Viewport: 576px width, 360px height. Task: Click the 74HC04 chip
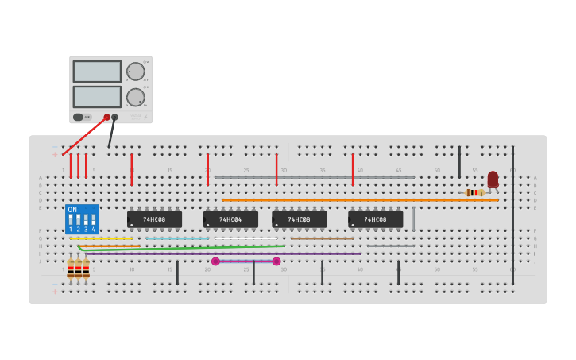[230, 219]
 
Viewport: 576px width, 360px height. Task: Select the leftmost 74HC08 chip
[154, 219]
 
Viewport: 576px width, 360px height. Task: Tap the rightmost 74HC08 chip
[375, 219]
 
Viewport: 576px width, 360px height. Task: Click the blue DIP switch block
[82, 219]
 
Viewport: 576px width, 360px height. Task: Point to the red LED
[493, 179]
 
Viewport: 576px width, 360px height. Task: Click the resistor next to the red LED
[474, 192]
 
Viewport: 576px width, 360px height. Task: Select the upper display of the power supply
[97, 72]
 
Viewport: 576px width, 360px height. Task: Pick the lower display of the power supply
[97, 97]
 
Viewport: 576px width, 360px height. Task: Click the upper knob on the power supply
[136, 72]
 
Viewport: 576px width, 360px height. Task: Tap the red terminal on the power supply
[106, 117]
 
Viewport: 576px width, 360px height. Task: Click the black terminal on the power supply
[114, 117]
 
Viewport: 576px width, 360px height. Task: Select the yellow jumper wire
[101, 238]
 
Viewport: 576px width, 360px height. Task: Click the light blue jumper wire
[177, 238]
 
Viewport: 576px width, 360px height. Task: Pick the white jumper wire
[245, 238]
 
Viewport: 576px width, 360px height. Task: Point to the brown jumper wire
[322, 238]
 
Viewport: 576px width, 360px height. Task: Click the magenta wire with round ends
[245, 261]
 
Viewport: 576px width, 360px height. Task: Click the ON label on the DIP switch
[72, 210]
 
